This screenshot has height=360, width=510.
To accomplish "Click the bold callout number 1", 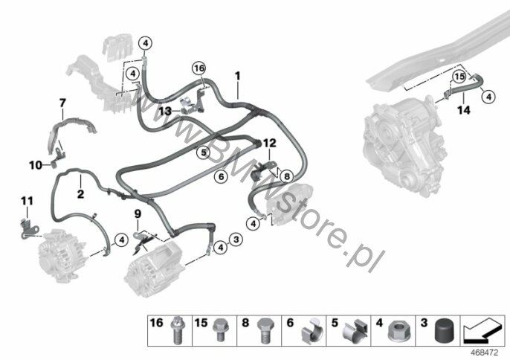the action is pos(238,76).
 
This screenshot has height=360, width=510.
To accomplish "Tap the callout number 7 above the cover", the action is pos(62,103).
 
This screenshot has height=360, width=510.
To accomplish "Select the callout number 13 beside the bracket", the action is pos(165,112).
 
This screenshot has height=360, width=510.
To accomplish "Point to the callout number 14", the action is pos(464,110).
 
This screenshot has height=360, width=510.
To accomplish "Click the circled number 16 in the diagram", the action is pos(199,68).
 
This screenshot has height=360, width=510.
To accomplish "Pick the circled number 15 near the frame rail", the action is pos(459,77).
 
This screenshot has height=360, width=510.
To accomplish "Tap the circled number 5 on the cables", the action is pos(203,152).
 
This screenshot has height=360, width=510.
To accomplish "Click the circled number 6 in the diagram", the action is pos(222,177).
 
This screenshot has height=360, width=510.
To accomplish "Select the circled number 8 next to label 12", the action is pos(286,176).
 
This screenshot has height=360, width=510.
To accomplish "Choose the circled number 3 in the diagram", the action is pos(236,240).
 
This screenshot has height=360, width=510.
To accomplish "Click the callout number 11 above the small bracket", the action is pos(27,201).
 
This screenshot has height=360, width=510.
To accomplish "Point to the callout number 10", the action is pos(36,165).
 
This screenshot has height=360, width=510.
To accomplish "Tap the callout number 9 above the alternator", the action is pos(138,214).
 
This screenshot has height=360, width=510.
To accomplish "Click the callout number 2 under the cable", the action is pos(80,194).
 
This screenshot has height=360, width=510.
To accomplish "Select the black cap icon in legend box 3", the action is pos(444,331).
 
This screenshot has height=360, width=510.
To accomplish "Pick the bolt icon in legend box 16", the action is pos(177,330).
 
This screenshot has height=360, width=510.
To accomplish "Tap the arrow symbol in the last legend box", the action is pos(482,331).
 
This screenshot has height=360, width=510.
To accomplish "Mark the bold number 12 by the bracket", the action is pos(269,143).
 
